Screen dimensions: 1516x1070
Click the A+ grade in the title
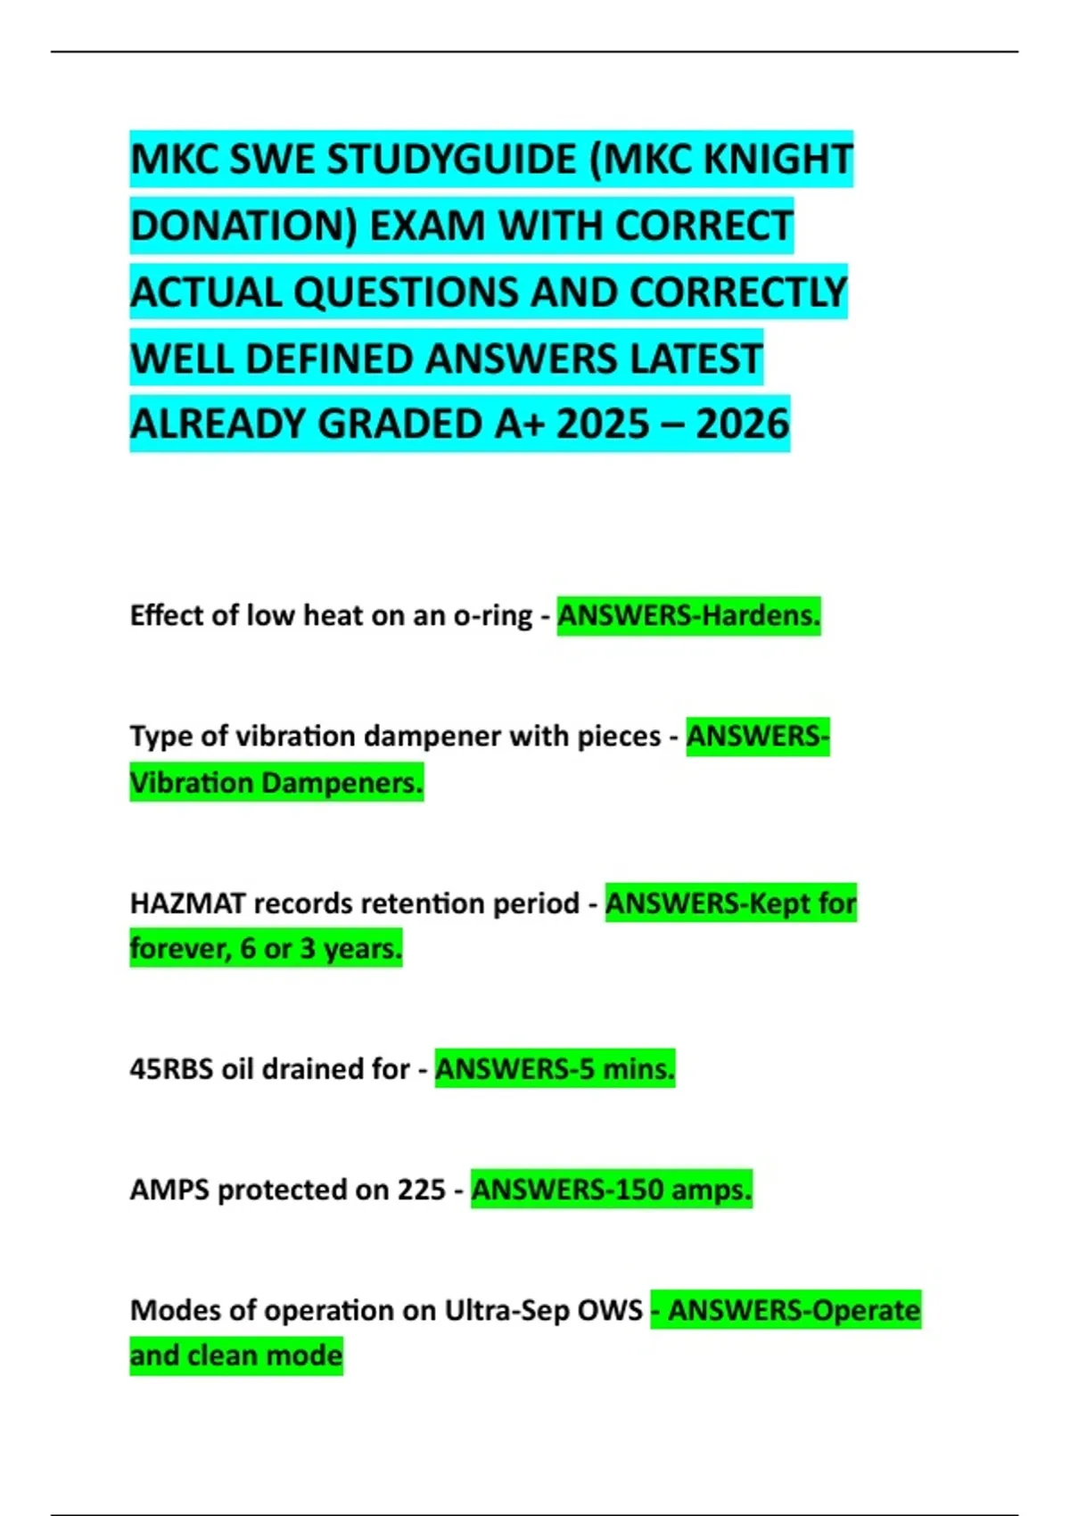519,424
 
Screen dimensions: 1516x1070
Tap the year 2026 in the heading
743,424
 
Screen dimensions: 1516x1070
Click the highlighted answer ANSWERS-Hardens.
688,615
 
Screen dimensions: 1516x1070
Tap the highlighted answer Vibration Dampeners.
276,783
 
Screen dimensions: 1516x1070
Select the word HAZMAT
187,903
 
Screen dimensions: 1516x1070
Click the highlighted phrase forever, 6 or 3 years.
266,948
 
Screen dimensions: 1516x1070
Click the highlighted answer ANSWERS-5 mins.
555,1068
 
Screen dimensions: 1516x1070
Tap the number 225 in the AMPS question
421,1190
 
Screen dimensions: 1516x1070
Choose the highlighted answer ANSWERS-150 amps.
612,1190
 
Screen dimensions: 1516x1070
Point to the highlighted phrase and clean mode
236,1355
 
